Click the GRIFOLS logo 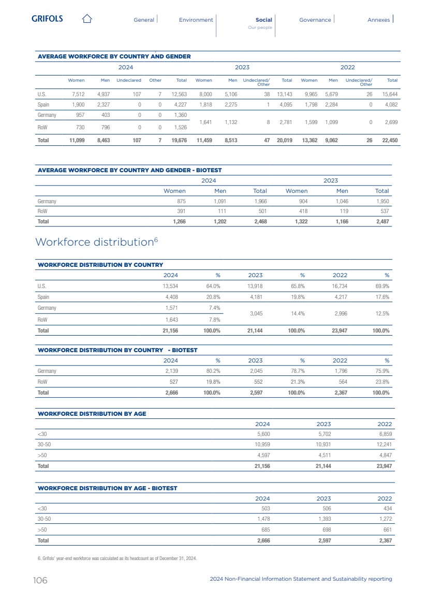click(x=47, y=19)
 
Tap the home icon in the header click(x=87, y=19)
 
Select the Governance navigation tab click(x=315, y=20)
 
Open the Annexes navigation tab click(x=378, y=20)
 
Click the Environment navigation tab click(x=196, y=20)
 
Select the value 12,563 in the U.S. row click(x=179, y=95)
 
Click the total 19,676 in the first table click(x=179, y=140)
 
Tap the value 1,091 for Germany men click(x=219, y=201)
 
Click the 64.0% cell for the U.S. click(x=213, y=286)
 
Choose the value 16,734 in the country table click(x=339, y=286)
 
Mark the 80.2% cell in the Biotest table click(x=213, y=371)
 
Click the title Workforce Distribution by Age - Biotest click(x=107, y=488)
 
